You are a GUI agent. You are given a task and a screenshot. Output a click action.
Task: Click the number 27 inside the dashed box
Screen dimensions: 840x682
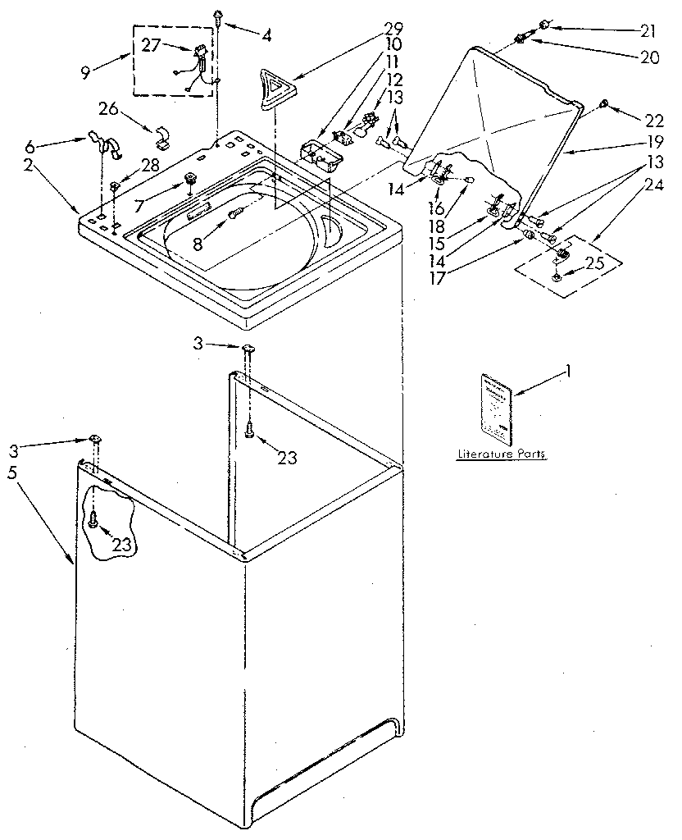(152, 47)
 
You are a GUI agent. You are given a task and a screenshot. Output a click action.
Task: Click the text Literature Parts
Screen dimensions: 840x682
(502, 454)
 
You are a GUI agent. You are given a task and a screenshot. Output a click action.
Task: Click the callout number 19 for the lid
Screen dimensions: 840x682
(651, 152)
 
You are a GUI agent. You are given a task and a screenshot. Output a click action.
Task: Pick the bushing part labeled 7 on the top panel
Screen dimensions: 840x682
(191, 178)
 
